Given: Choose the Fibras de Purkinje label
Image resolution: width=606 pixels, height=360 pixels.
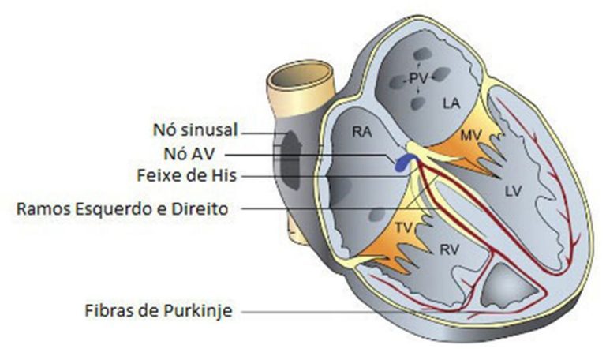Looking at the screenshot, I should [158, 311].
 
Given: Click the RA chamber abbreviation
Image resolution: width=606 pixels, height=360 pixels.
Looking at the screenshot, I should [362, 135].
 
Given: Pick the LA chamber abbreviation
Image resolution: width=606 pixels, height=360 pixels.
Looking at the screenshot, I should [451, 103].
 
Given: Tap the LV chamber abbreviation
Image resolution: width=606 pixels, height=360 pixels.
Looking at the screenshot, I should [514, 191].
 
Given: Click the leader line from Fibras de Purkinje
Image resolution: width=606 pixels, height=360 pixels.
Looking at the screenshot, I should [316, 311].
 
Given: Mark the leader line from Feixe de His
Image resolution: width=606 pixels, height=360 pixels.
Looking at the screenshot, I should [316, 176].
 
